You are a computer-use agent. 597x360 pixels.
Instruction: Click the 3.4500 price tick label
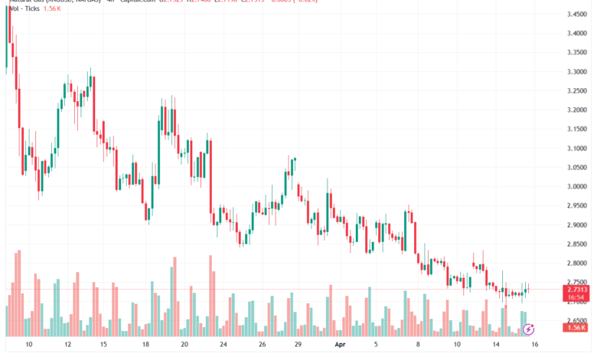577,15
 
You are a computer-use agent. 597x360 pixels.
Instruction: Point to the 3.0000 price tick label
577,186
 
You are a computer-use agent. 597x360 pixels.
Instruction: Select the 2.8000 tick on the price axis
577,263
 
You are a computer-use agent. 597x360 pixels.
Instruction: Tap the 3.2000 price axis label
577,110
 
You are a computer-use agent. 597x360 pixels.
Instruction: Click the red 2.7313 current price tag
577,290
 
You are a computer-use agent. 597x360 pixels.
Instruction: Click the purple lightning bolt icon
528,326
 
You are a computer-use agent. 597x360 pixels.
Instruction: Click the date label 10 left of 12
28,345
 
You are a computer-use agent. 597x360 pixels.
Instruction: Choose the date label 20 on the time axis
184,345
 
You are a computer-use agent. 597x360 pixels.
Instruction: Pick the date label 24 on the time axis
223,345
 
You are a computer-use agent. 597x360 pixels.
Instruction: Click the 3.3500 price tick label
577,53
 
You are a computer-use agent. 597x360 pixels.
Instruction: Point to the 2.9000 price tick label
577,224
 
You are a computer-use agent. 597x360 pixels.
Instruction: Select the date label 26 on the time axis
261,345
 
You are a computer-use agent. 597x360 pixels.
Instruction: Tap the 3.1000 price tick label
577,148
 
